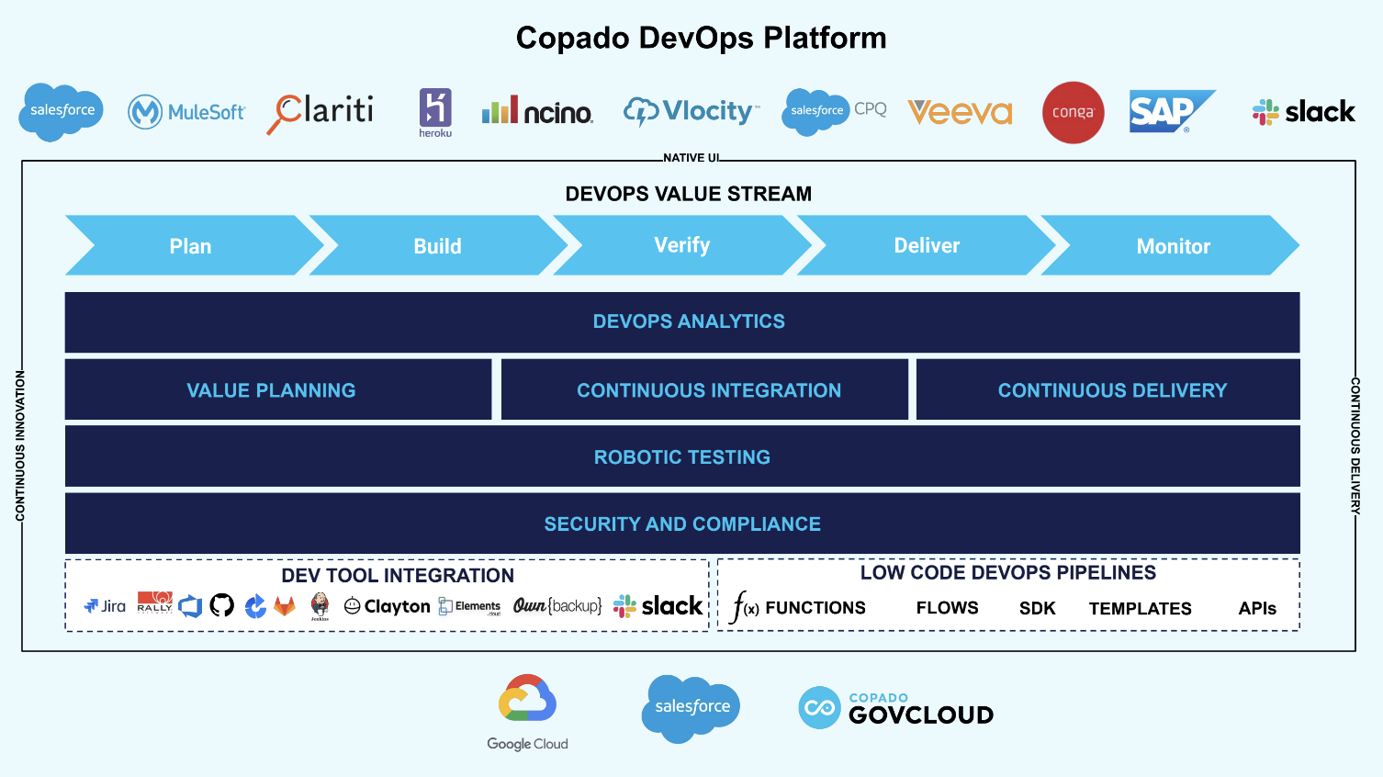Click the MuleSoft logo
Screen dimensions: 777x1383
click(186, 112)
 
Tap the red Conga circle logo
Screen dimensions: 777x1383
click(1073, 112)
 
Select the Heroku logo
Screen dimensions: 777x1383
click(435, 112)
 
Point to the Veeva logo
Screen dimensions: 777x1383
click(960, 112)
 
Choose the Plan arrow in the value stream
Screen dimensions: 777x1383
click(191, 246)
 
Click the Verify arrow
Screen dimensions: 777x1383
click(681, 245)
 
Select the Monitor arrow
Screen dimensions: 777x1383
click(1173, 246)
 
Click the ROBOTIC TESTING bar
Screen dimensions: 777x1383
click(681, 456)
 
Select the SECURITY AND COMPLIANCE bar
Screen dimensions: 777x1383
click(681, 524)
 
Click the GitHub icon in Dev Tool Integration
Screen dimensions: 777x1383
click(222, 605)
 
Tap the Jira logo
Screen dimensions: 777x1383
click(105, 606)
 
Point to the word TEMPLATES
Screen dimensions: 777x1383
click(1140, 609)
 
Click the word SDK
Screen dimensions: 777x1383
click(1037, 609)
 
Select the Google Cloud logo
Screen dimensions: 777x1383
click(527, 712)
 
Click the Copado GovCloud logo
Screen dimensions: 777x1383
click(895, 708)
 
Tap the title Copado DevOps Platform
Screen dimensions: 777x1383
click(701, 38)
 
